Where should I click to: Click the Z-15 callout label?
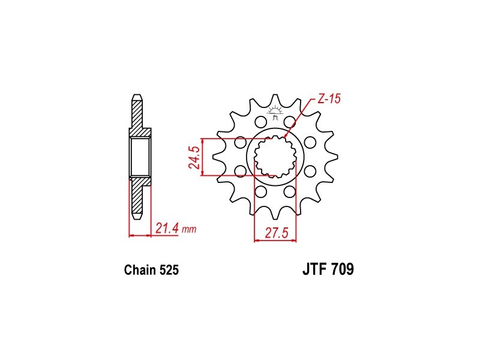pyautogui.click(x=329, y=99)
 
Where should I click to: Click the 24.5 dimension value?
pyautogui.click(x=194, y=157)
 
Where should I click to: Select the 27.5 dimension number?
pyautogui.click(x=277, y=233)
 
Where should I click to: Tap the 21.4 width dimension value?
pyautogui.click(x=167, y=229)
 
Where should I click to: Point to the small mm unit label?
pyautogui.click(x=189, y=229)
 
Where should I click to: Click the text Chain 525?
pyautogui.click(x=151, y=270)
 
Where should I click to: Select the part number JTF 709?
pyautogui.click(x=328, y=269)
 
